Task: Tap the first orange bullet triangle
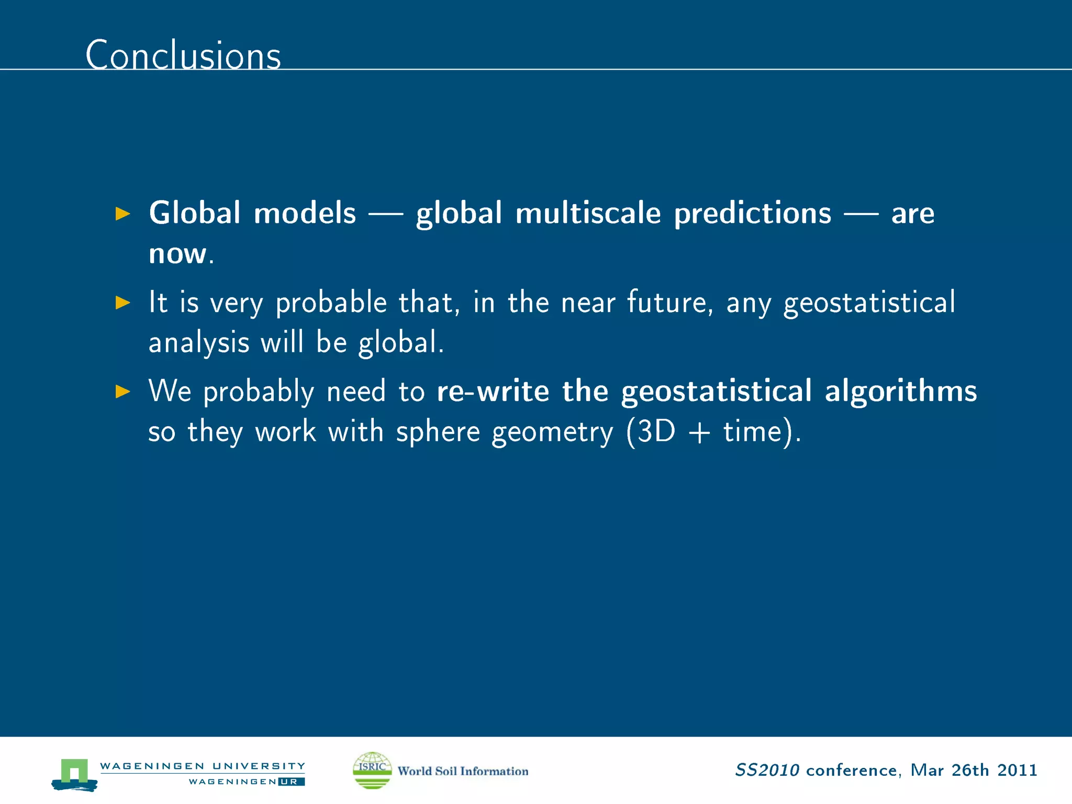[x=122, y=214]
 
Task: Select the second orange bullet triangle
[x=122, y=303]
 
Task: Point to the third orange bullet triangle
[x=122, y=391]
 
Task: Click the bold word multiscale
[x=588, y=213]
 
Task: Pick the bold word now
[x=177, y=254]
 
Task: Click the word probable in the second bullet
[x=331, y=303]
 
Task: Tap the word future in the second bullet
[x=666, y=302]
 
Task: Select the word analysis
[x=199, y=343]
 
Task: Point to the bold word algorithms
[x=901, y=391]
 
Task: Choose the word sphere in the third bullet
[x=438, y=432]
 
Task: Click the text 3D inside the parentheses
[x=657, y=432]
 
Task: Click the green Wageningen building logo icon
[x=74, y=774]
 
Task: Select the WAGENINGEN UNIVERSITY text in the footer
[x=202, y=766]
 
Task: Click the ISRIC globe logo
[x=372, y=770]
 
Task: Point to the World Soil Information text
[x=463, y=771]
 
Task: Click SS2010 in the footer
[x=767, y=770]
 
